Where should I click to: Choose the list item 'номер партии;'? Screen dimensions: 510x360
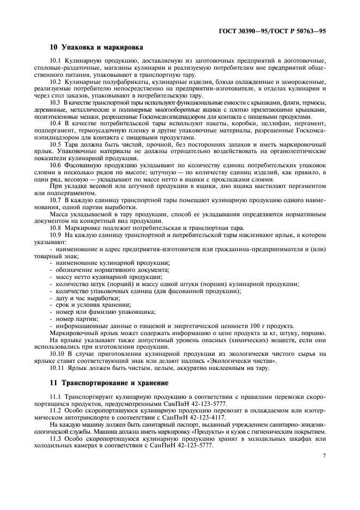click(x=74, y=319)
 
